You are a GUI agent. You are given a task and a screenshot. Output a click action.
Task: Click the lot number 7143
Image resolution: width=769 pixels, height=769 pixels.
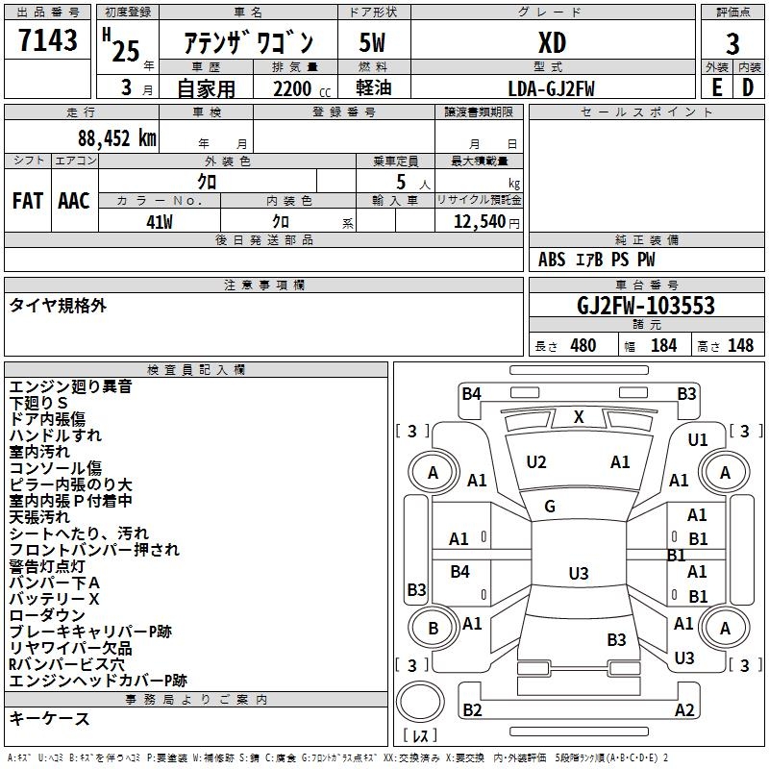(47, 40)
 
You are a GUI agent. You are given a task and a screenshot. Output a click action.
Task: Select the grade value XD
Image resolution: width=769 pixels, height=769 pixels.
(552, 43)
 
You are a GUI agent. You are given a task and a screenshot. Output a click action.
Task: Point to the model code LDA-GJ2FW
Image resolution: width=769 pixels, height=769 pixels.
(551, 88)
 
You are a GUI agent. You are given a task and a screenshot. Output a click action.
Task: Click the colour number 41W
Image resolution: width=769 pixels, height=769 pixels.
(160, 221)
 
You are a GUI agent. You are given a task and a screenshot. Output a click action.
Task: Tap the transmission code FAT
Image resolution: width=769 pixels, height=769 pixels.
(28, 201)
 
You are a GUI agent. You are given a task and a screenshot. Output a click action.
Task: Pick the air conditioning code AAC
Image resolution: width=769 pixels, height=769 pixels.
(74, 201)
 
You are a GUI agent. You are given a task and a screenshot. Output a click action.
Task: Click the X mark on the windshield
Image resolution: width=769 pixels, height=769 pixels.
(579, 417)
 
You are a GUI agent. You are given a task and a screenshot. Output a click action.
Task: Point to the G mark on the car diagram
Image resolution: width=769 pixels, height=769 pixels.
(550, 507)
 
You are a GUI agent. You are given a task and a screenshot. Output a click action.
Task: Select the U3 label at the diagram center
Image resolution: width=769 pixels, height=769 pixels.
(578, 574)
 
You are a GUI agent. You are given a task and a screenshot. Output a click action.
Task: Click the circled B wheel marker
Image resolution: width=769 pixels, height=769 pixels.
(433, 629)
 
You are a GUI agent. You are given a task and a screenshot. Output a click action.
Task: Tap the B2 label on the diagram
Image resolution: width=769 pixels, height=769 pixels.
(472, 710)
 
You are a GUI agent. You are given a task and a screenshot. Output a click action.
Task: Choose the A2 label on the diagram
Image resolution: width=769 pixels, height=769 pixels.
(684, 710)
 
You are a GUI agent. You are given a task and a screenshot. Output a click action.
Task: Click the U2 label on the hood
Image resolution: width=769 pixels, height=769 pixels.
(536, 462)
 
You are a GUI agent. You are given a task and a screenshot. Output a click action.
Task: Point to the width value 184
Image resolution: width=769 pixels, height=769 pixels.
(663, 346)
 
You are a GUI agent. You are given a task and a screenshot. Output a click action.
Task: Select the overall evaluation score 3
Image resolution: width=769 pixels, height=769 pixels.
(732, 43)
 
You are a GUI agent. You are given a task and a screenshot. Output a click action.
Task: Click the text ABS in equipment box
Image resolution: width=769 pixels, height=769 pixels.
(552, 260)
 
